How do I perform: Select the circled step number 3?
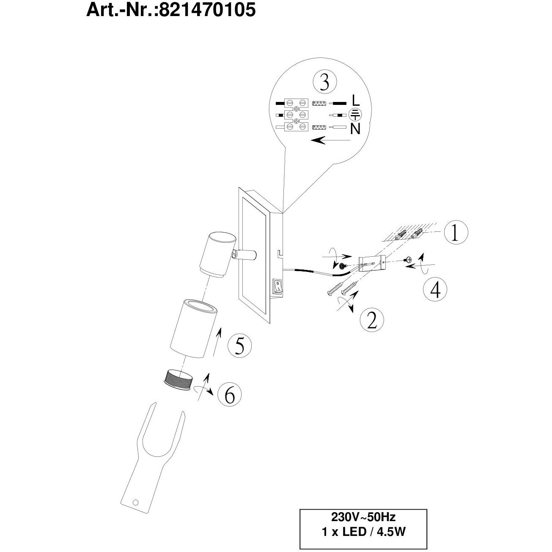click(x=324, y=82)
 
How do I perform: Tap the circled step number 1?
click(x=455, y=233)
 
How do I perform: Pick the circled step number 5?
click(x=239, y=346)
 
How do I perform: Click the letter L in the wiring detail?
click(x=355, y=101)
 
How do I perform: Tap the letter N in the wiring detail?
click(x=355, y=129)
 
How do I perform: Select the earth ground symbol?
click(x=355, y=114)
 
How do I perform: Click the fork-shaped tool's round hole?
click(x=135, y=503)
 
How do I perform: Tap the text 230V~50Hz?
click(x=363, y=517)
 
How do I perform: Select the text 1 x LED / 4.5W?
click(x=363, y=532)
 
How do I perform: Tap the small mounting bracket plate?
click(x=371, y=263)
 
